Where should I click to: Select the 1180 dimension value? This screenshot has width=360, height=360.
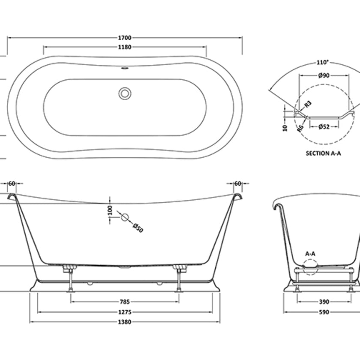125,47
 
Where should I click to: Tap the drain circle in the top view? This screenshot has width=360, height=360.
125,93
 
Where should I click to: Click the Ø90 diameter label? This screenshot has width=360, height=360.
324,75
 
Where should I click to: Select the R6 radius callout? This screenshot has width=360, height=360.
300,127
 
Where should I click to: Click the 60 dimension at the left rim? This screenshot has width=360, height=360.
12,184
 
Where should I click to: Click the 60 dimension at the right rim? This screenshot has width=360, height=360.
238,184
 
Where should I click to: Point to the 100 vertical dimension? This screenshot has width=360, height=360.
110,210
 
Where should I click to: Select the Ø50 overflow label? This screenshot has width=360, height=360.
138,228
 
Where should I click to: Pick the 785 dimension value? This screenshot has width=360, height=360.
125,302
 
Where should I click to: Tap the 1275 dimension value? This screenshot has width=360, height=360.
125,312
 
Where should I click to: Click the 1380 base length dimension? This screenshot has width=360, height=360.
125,322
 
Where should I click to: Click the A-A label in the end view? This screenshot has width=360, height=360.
310,254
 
